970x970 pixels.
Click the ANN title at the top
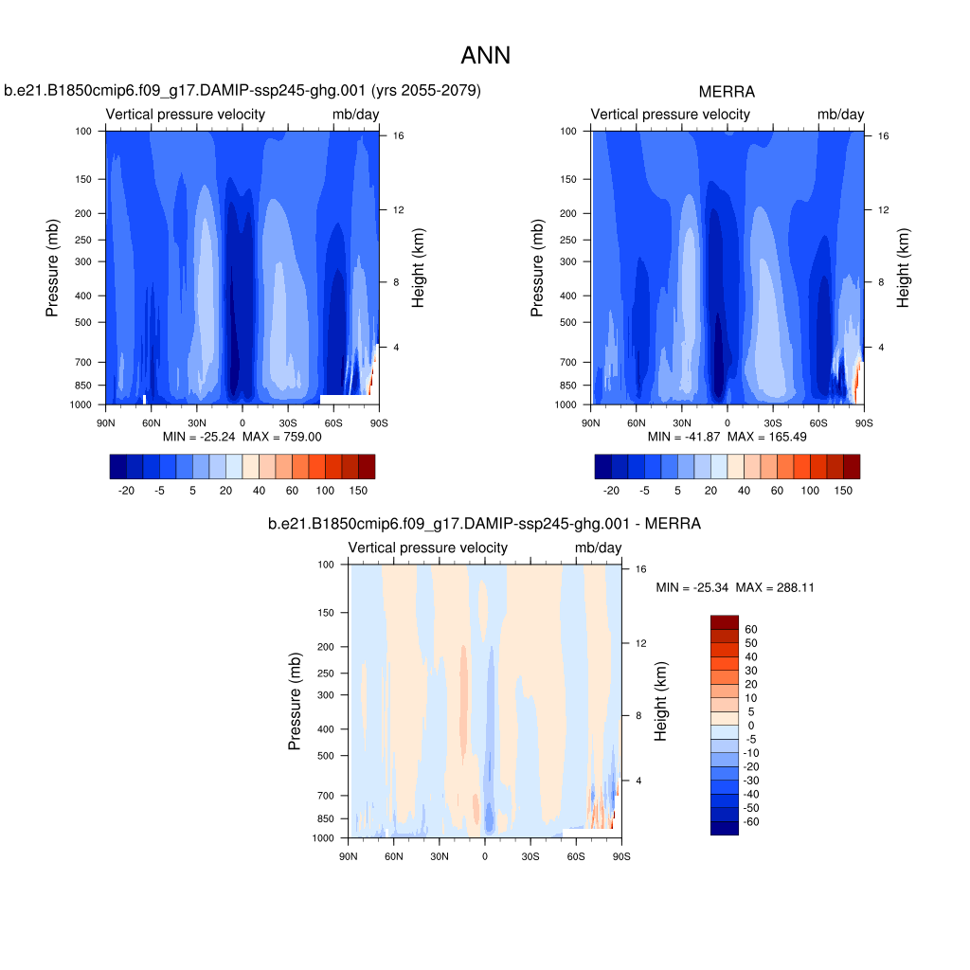[x=485, y=56]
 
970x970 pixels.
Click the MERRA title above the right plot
[x=727, y=92]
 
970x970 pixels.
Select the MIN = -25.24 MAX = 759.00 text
[x=242, y=437]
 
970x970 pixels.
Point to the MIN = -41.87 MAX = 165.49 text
[x=727, y=437]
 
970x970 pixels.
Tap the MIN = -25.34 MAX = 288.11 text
[x=735, y=588]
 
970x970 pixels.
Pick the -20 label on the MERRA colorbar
[x=612, y=491]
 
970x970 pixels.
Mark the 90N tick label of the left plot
[x=105, y=422]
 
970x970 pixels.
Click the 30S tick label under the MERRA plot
[x=772, y=422]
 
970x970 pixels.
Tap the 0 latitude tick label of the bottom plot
[x=485, y=856]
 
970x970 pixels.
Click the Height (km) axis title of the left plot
[x=419, y=268]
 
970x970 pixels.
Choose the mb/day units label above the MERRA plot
[x=840, y=115]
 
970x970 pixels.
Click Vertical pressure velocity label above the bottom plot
[x=427, y=548]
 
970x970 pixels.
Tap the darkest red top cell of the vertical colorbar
[x=724, y=621]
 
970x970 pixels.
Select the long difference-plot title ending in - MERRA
[x=484, y=523]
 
